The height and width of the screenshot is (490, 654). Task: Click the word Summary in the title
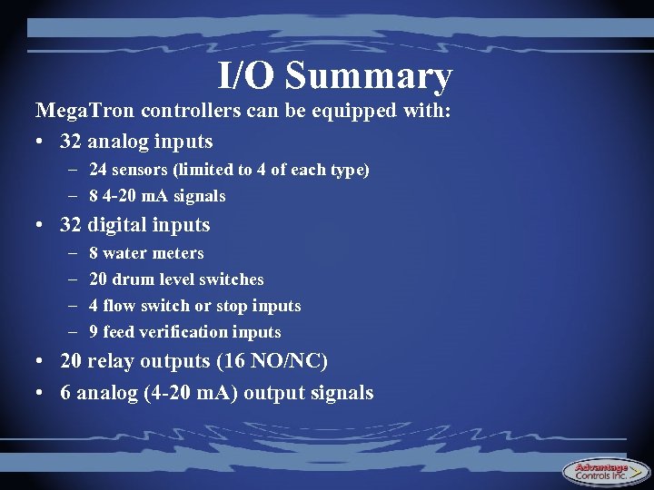pos(369,76)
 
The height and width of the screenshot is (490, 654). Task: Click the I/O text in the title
pos(246,76)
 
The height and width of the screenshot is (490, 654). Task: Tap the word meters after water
pos(179,253)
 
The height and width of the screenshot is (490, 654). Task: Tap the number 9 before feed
pos(94,332)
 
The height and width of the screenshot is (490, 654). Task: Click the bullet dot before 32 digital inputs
pos(42,225)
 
